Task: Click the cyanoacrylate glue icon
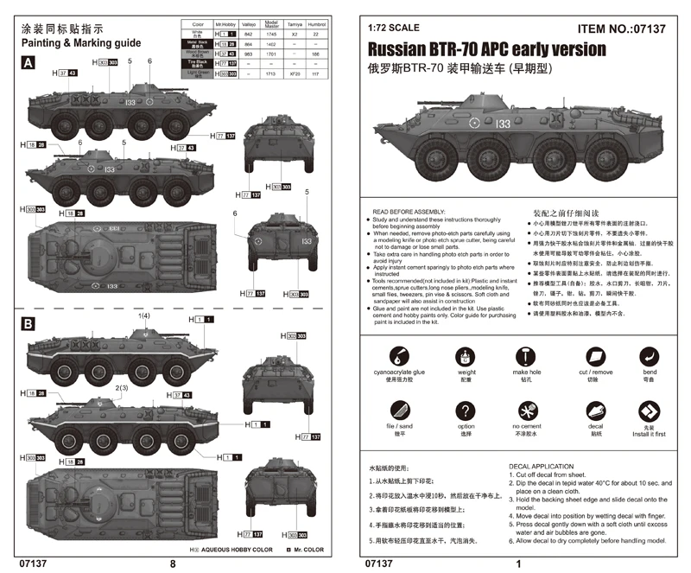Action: coord(399,355)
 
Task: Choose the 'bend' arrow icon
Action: coord(650,355)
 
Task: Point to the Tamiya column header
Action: coord(293,26)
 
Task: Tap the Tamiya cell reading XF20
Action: coord(293,75)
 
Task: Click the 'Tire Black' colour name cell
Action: coord(196,63)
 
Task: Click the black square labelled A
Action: coord(29,63)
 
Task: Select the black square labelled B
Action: coord(29,324)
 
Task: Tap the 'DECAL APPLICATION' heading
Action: coord(542,466)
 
